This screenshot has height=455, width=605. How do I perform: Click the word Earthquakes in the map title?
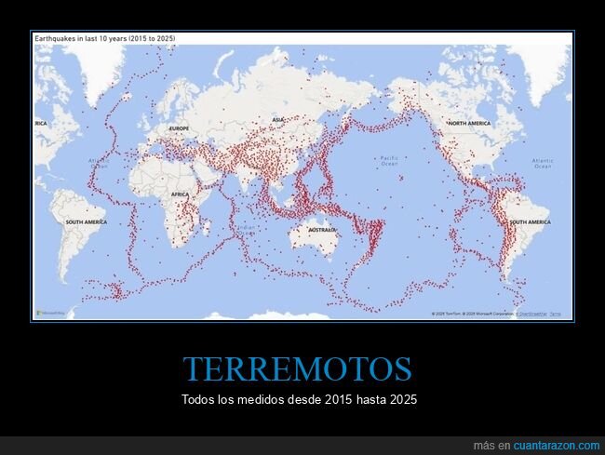55,38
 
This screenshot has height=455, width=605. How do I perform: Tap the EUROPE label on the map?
179,127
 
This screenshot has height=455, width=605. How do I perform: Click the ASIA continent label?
277,120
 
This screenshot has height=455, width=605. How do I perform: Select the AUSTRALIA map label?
322,229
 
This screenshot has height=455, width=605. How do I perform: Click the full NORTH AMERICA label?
469,123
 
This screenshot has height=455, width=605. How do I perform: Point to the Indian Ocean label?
244,229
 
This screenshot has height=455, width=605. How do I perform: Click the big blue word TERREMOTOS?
297,369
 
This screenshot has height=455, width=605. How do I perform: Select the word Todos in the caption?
197,399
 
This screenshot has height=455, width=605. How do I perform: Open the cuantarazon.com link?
557,446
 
